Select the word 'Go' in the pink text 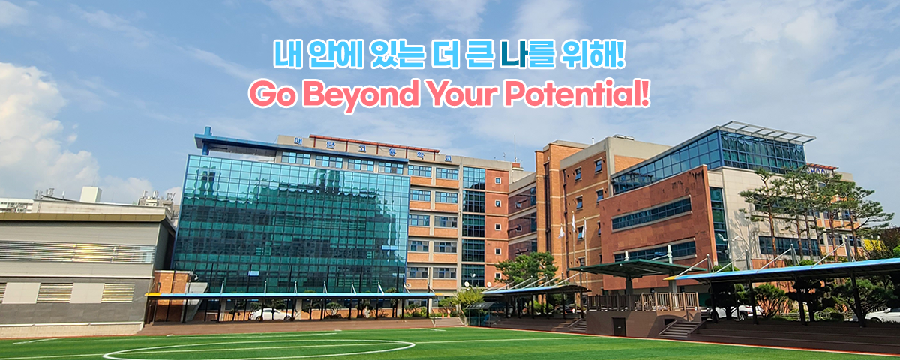[268, 94]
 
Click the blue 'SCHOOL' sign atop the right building [823, 168]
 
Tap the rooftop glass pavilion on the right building [757, 148]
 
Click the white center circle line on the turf [259, 349]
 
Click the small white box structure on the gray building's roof [90, 194]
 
